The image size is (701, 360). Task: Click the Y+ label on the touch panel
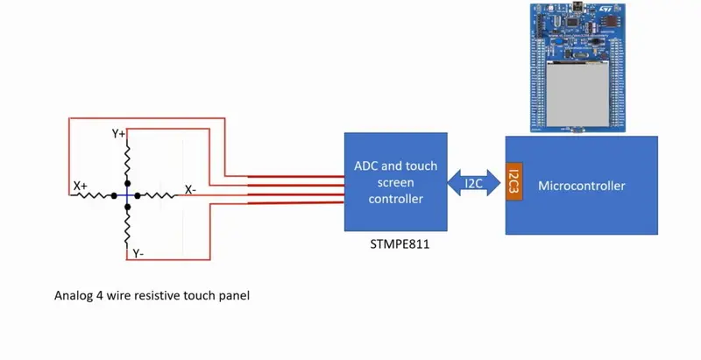point(118,134)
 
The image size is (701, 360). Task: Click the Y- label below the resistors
point(138,253)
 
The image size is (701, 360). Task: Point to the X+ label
point(81,186)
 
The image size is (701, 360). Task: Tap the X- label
point(190,189)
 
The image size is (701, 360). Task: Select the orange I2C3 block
point(513,181)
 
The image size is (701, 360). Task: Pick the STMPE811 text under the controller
point(400,245)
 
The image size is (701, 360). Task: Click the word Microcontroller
point(582,186)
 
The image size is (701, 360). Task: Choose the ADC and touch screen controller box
point(395,181)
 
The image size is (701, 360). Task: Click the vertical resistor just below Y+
point(128,161)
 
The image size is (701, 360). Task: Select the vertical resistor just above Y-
point(128,227)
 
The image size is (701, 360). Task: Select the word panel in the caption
point(232,296)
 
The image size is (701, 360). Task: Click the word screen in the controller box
point(395,182)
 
